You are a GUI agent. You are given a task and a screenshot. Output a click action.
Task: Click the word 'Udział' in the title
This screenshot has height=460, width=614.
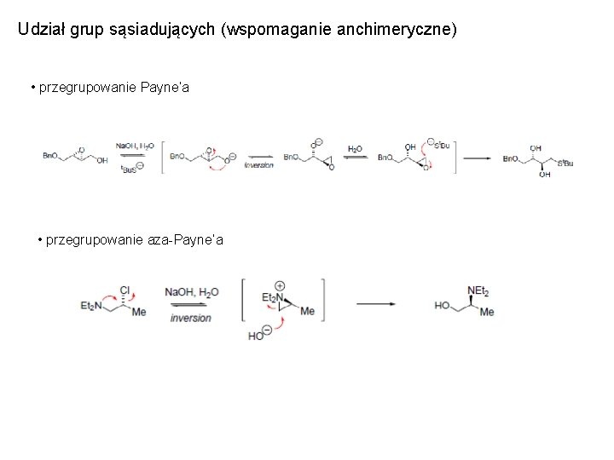[39, 30]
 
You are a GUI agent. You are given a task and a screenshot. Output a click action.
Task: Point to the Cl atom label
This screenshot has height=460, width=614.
[125, 290]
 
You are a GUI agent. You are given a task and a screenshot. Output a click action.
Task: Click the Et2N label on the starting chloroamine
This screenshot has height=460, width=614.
[91, 306]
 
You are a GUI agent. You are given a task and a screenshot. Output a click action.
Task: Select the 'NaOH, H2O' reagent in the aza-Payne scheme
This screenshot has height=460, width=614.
[192, 291]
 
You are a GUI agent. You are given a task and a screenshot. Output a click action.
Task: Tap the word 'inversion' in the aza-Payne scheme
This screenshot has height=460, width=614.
[191, 318]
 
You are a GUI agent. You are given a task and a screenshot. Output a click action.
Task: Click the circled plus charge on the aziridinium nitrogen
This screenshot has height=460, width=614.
[281, 286]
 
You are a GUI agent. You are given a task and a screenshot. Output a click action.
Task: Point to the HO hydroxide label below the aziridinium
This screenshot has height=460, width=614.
[256, 336]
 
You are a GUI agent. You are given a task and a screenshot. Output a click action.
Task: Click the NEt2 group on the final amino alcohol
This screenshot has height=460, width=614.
[478, 291]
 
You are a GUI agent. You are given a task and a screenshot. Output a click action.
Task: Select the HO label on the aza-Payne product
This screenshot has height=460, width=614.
[443, 305]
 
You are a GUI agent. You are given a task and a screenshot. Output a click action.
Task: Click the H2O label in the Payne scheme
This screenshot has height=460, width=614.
[355, 148]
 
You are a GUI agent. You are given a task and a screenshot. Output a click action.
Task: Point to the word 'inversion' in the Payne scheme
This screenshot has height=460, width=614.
[259, 166]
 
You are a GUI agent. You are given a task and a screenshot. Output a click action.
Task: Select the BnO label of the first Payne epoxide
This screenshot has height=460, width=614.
[50, 156]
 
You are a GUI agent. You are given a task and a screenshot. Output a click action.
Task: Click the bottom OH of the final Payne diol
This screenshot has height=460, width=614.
[544, 174]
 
